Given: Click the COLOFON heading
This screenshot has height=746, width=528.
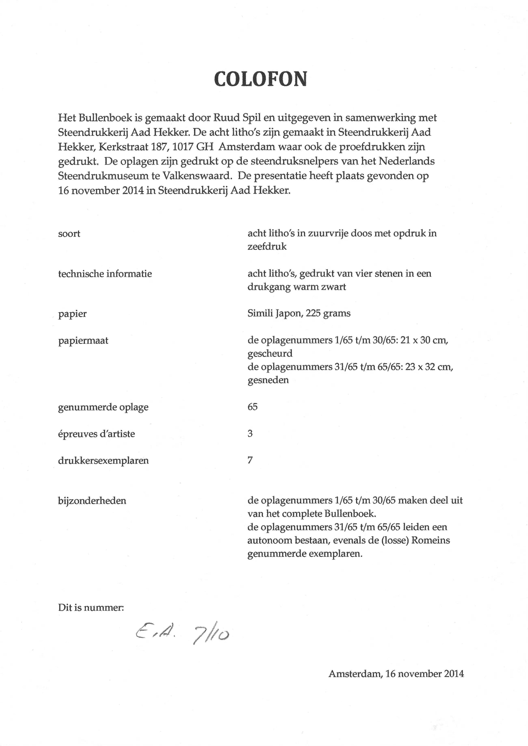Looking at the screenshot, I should pos(260,79).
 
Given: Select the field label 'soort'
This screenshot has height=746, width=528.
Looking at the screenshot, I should pos(69,234).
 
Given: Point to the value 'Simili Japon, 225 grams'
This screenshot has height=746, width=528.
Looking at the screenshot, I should pos(299,314).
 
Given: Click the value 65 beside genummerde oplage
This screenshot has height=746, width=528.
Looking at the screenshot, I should pos(252,407).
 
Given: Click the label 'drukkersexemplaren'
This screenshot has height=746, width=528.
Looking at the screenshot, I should pos(103,461).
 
